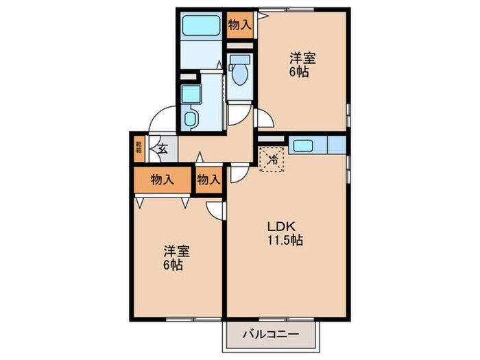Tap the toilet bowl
point(240,74)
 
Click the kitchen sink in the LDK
point(303,145)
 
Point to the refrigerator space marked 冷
point(272,160)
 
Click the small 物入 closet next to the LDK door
point(208,180)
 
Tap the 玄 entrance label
point(164,147)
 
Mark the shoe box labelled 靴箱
point(139,149)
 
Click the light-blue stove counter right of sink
point(336,145)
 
